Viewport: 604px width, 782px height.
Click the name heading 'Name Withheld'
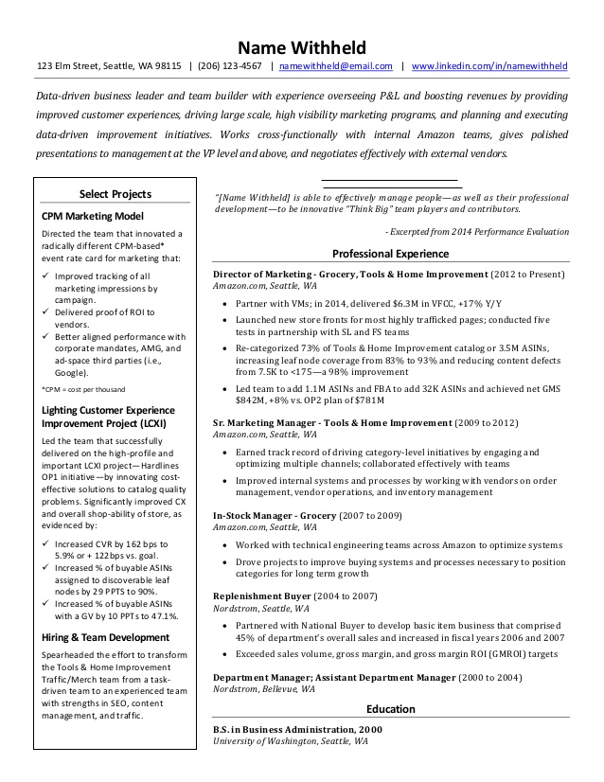(x=301, y=46)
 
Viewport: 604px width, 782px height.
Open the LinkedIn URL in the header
(x=489, y=66)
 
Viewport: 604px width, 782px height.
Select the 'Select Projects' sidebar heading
(x=115, y=194)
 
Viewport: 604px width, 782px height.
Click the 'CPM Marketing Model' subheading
(x=91, y=216)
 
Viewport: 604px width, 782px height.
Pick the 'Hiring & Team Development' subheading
(x=104, y=638)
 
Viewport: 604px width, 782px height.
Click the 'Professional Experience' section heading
(x=390, y=254)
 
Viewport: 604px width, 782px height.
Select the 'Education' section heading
(x=390, y=709)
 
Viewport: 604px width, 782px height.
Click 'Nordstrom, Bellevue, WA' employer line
(x=264, y=690)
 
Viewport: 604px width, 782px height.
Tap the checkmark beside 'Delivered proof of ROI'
(x=47, y=311)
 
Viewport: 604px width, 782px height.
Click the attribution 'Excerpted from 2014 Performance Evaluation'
(x=477, y=231)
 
